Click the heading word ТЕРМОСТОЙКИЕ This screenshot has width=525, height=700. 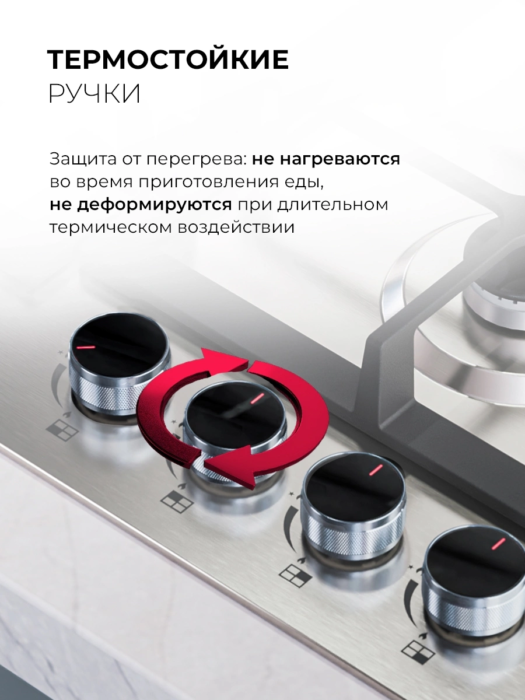click(168, 60)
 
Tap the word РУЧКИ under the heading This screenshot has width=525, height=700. click(94, 93)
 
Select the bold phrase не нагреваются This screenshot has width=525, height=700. click(325, 159)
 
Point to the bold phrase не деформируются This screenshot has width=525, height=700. click(141, 205)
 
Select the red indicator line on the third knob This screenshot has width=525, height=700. click(376, 470)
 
